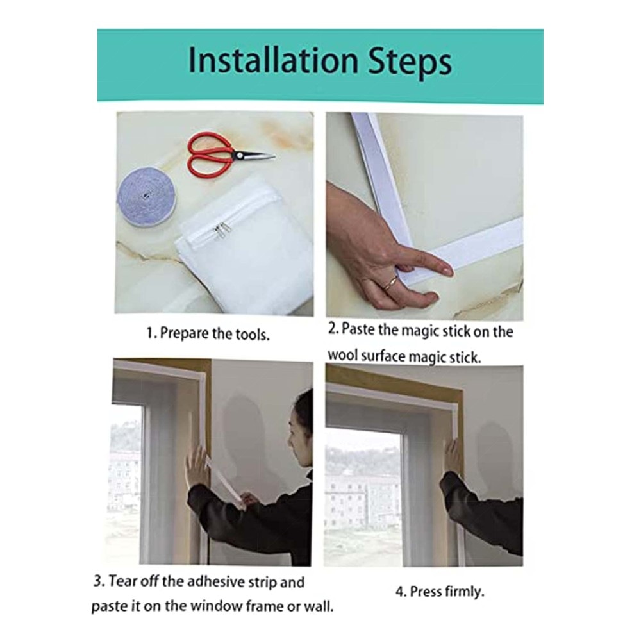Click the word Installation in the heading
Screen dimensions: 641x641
point(272,60)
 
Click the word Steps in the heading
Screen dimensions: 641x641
point(410,63)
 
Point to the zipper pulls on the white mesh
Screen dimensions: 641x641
point(220,231)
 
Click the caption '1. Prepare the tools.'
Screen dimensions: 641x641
point(208,334)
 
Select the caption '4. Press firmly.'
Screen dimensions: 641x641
point(440,592)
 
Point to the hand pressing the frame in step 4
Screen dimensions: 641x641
point(454,455)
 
